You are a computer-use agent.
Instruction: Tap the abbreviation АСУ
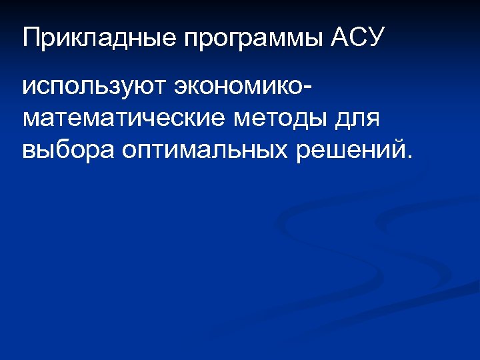pos(357,37)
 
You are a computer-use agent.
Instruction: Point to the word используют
pos(93,87)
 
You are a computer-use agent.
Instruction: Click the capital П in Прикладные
pos(30,37)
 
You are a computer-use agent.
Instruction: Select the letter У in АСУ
pos(376,37)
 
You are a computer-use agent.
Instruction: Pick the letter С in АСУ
pos(357,37)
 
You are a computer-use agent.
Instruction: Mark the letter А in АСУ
pos(339,37)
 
